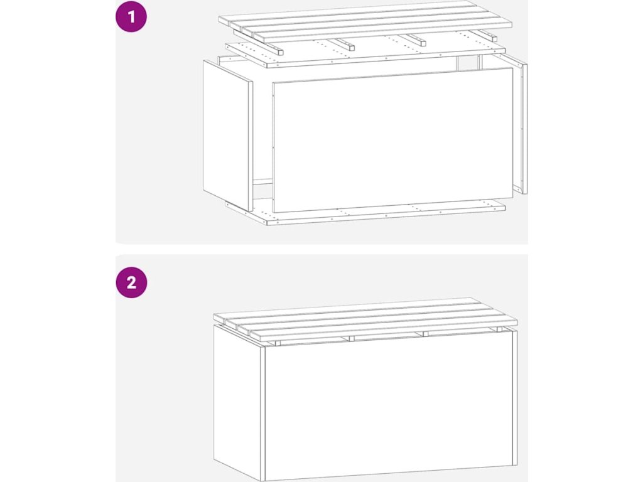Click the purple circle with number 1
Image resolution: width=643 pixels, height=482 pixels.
pos(131,16)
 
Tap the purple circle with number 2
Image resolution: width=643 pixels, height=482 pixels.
pos(131,282)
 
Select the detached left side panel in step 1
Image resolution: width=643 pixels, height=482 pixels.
pos(228,136)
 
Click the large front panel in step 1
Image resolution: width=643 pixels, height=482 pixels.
pos(393,140)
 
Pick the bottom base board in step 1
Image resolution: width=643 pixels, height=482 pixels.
pos(365,212)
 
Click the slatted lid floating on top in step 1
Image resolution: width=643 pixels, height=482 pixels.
pos(365,21)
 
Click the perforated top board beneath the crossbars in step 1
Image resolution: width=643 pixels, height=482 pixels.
pos(365,53)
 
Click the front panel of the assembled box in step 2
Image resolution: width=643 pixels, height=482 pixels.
pos(389,406)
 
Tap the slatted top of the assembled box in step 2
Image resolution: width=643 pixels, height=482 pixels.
pos(365,319)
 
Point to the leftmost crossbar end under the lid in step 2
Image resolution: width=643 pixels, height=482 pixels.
pos(277,343)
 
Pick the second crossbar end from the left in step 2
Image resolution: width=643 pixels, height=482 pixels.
pos(352,338)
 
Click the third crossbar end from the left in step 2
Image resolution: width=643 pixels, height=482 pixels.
pos(425,334)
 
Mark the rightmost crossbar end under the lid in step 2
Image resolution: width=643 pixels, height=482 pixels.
pos(499,329)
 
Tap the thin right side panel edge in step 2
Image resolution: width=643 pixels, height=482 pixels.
pos(516,397)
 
